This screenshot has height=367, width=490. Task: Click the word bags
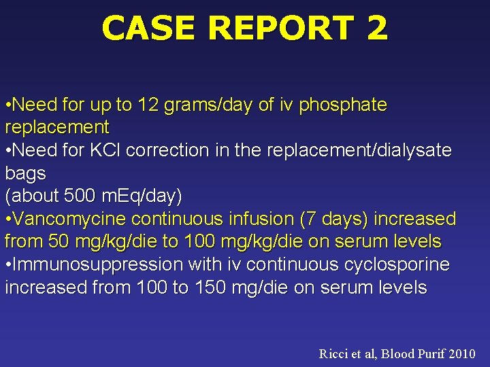[x=25, y=174]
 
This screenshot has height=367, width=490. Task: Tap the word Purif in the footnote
[x=427, y=353]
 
